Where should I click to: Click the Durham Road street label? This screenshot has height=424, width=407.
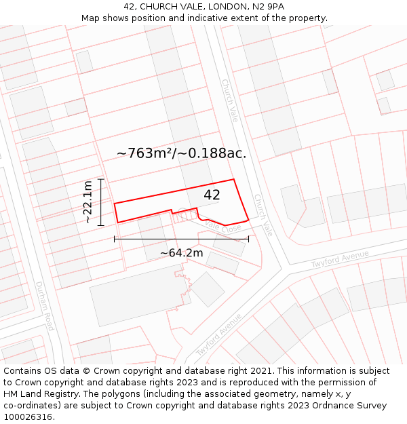(44, 306)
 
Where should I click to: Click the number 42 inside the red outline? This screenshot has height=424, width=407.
(212, 195)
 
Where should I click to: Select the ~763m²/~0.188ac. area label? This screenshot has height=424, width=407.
(181, 153)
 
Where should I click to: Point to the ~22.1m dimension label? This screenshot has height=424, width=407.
(89, 202)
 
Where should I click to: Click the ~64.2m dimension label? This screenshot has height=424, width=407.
(181, 253)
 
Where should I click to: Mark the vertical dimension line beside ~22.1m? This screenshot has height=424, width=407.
(100, 202)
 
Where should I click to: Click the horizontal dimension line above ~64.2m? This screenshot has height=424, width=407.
(181, 239)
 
